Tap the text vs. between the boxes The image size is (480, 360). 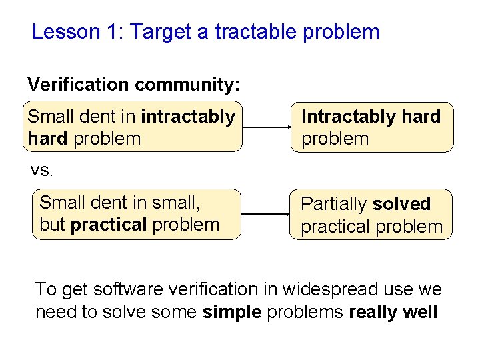point(41,170)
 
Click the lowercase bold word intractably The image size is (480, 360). point(188,117)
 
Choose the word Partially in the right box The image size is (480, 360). point(334,204)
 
